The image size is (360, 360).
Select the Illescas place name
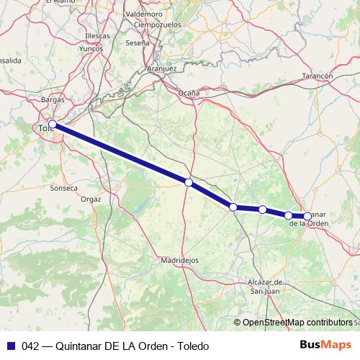[97, 35]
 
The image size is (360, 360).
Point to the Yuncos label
[91, 49]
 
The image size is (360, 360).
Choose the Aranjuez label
[161, 68]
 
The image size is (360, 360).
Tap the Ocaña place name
[189, 94]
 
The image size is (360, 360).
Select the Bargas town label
[53, 99]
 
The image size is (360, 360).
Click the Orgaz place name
[91, 198]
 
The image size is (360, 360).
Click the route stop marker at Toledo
[53, 124]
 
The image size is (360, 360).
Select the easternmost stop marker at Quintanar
[307, 216]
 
